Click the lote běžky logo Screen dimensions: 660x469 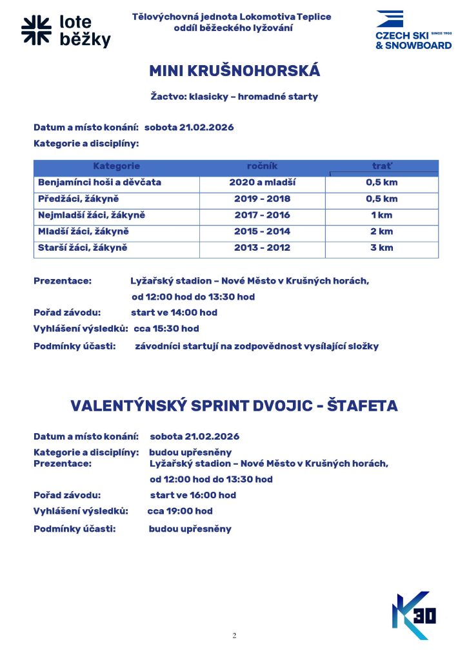[x=66, y=32]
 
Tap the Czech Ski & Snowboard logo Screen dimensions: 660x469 [x=414, y=30]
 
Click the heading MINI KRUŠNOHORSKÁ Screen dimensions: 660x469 [x=235, y=70]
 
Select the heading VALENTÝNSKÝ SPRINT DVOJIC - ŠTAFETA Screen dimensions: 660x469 [x=234, y=405]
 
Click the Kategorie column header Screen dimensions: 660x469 [x=116, y=166]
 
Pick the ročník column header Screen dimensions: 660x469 [x=262, y=166]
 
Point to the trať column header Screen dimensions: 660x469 [x=381, y=166]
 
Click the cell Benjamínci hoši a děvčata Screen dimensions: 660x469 [x=99, y=182]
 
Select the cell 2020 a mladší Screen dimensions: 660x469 [x=262, y=182]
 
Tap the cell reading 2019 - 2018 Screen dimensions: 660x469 [x=262, y=199]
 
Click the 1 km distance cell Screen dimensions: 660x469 [x=381, y=215]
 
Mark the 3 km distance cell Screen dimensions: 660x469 [x=381, y=247]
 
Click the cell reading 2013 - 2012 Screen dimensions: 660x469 [x=262, y=247]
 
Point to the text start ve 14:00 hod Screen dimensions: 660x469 [x=174, y=313]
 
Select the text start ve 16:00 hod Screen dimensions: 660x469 [x=193, y=495]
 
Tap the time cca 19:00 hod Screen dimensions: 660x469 [x=180, y=511]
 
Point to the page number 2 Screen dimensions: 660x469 [x=234, y=636]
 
